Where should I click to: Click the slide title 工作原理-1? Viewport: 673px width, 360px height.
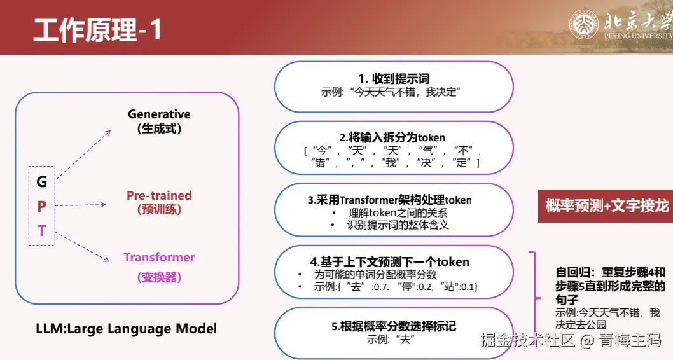pos(97,30)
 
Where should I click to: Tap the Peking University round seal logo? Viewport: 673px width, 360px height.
pos(584,24)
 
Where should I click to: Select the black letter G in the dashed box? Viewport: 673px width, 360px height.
pos(41,182)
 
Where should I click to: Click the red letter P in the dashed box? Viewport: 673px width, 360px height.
pos(41,206)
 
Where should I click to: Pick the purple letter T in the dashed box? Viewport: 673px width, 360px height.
pos(41,231)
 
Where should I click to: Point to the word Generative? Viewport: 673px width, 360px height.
pos(159,114)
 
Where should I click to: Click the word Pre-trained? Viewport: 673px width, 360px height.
pos(159,195)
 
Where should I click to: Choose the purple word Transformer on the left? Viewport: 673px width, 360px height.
pos(159,257)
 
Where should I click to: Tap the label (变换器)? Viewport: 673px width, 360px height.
pos(159,277)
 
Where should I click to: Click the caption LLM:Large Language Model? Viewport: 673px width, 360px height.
pos(126,329)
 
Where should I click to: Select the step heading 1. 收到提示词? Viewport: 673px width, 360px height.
pos(394,78)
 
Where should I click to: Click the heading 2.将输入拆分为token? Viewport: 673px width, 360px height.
pos(392,137)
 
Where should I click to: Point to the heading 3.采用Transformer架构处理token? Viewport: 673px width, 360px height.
pos(390,200)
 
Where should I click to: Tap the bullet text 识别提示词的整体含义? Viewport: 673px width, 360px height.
pos(398,225)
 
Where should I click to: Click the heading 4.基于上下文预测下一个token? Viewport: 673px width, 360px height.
pos(390,262)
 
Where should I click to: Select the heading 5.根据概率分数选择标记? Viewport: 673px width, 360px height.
pos(394,326)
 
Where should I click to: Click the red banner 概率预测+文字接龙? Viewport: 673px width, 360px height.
pos(605,206)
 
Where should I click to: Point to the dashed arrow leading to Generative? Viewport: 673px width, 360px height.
pos(83,155)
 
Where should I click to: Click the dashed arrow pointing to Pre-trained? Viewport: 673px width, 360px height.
pos(81,205)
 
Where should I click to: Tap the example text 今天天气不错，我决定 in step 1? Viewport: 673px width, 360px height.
pos(406,92)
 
